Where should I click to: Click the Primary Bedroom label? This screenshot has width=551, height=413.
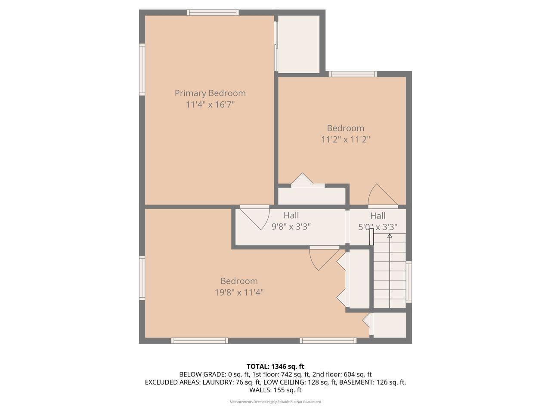click(x=210, y=93)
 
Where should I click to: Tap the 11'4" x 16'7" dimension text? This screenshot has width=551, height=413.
click(x=210, y=104)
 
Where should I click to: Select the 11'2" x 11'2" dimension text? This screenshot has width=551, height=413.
click(x=345, y=139)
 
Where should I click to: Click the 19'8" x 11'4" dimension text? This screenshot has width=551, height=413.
click(x=239, y=292)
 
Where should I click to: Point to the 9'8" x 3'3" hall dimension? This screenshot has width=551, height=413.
click(x=291, y=226)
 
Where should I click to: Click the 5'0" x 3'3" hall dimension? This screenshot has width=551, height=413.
click(x=378, y=227)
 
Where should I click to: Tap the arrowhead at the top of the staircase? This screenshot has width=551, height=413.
click(x=390, y=236)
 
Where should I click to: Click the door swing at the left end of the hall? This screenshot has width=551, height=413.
click(x=257, y=217)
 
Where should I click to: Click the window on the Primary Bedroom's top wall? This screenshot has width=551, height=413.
click(x=213, y=12)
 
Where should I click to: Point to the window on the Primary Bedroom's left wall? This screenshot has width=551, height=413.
click(x=142, y=69)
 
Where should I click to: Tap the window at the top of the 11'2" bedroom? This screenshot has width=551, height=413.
click(x=353, y=74)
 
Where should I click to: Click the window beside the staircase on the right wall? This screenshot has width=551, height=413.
click(x=409, y=281)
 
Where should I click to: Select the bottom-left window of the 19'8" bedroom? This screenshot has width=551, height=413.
click(x=199, y=341)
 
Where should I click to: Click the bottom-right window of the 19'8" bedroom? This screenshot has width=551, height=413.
click(x=328, y=341)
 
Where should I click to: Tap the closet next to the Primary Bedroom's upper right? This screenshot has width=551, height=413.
click(x=298, y=44)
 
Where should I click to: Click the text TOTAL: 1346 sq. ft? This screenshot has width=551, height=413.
click(x=275, y=367)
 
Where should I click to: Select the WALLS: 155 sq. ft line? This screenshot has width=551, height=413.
click(x=275, y=390)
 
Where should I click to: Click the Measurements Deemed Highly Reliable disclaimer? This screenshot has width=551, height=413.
click(x=275, y=402)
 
